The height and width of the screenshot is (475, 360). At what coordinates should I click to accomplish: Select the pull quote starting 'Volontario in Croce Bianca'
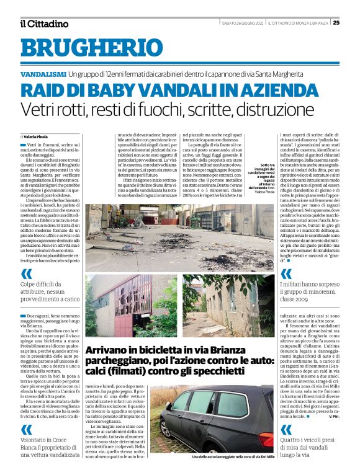[48, 444]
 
